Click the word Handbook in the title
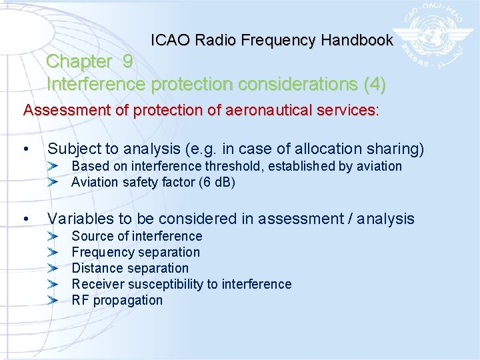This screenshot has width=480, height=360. pyautogui.click(x=357, y=40)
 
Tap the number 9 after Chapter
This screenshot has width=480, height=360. pyautogui.click(x=128, y=61)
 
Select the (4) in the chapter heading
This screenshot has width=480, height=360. pyautogui.click(x=374, y=85)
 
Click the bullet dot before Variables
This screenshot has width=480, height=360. pyautogui.click(x=25, y=219)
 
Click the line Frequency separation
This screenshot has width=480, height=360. pyautogui.click(x=135, y=252)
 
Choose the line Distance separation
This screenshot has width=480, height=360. pyautogui.click(x=130, y=268)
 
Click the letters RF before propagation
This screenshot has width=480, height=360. pyautogui.click(x=80, y=300)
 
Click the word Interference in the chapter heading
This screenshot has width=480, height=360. pyautogui.click(x=97, y=85)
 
